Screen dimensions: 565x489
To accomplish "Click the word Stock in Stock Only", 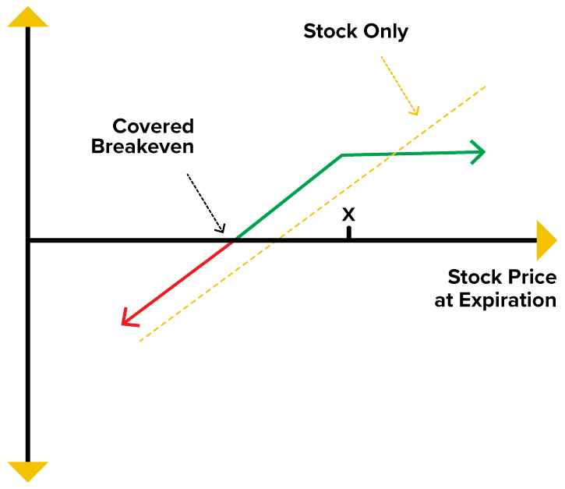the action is point(330,31).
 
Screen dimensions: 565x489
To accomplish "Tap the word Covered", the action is point(154,126).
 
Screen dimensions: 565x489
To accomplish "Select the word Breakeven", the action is point(143,147).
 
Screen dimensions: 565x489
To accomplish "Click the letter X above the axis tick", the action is point(348,214).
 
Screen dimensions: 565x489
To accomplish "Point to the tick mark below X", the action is point(349,232).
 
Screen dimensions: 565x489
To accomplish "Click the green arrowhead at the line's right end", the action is point(478,152).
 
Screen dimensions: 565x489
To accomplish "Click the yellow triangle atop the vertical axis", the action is point(28,16).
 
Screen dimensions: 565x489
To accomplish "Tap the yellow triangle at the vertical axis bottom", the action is point(28,472).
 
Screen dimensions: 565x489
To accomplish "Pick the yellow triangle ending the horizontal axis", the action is point(546,240).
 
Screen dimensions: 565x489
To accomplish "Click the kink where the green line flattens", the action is point(341,155).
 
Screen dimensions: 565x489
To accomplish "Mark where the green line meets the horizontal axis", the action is point(235,239).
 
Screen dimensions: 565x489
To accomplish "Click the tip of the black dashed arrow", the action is point(224,232).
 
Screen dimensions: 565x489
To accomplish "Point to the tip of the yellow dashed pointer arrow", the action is point(417,115).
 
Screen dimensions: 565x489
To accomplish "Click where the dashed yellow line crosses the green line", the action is point(394,154).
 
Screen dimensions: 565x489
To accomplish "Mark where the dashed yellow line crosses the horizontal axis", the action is point(277,240).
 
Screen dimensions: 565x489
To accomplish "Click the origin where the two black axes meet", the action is point(28,240).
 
